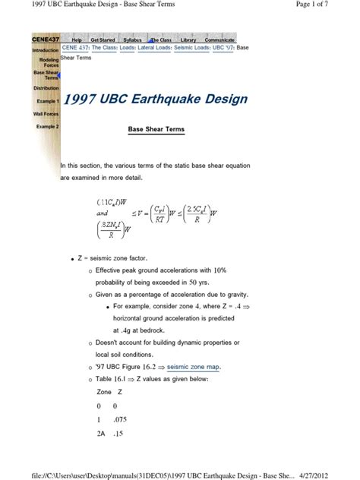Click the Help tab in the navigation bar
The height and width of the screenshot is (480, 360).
point(76,39)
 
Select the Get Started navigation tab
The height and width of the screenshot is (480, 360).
point(103,39)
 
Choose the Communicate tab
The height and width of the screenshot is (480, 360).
point(220,39)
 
